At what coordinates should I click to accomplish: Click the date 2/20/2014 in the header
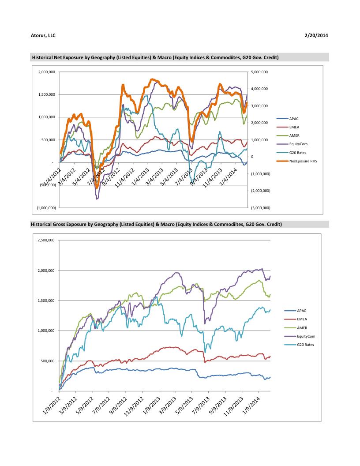316,35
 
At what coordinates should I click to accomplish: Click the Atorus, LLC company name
43,35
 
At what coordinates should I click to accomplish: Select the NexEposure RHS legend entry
303,161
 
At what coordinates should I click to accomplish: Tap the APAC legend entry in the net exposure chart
294,119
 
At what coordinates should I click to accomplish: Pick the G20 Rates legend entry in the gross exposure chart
306,345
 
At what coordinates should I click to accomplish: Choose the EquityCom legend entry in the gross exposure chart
306,336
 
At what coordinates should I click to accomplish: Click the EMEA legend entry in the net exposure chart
294,127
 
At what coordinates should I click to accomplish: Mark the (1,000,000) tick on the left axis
46,208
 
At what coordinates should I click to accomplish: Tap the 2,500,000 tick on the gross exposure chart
46,240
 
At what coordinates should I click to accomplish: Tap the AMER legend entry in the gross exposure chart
302,328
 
